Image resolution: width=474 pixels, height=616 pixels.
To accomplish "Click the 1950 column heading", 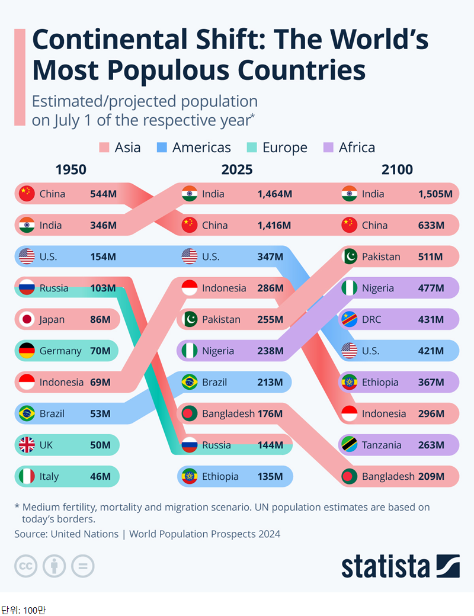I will click(x=71, y=170).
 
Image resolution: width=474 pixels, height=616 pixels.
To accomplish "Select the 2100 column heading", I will click(x=397, y=170).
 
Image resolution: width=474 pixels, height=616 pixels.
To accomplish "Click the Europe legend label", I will click(x=285, y=147).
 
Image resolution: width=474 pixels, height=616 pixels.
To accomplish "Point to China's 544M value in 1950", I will click(x=103, y=194).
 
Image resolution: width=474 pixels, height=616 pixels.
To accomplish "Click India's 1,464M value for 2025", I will click(x=275, y=194).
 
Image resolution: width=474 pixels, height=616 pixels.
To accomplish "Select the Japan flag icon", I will click(x=27, y=319).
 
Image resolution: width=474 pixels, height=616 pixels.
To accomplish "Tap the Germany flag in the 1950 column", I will click(x=27, y=351).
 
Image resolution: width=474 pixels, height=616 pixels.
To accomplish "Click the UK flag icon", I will click(x=27, y=445).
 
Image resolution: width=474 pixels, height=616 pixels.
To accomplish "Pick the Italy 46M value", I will click(x=100, y=476).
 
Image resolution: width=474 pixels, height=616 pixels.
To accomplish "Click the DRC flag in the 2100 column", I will click(x=350, y=319).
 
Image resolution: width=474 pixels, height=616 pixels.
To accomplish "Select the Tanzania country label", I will click(x=384, y=445).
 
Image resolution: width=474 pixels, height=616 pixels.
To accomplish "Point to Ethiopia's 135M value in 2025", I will click(x=270, y=476).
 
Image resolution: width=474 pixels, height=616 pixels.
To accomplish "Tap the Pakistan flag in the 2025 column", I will click(x=190, y=319).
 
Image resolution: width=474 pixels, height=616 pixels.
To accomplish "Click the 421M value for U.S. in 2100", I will click(x=431, y=351).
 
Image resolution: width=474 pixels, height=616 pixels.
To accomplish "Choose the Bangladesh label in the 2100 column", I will click(x=388, y=476).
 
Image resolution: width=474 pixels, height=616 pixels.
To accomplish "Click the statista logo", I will click(x=401, y=566).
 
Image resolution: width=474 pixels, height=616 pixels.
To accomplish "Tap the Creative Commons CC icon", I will click(x=25, y=566).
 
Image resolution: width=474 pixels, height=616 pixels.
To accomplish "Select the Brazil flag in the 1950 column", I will click(x=27, y=413).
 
